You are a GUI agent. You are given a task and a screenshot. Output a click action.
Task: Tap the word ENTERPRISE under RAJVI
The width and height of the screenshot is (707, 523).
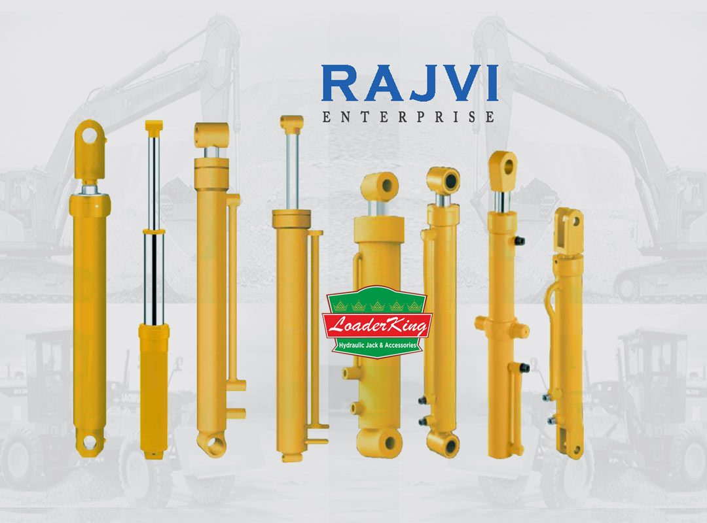(x=409, y=117)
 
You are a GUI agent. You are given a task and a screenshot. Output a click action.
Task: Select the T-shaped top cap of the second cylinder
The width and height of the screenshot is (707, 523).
(x=154, y=125)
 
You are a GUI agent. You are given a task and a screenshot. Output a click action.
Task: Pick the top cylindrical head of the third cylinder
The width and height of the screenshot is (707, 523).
(x=210, y=134)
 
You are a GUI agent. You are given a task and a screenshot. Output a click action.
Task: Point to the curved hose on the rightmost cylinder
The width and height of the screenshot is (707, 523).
(x=549, y=297)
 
